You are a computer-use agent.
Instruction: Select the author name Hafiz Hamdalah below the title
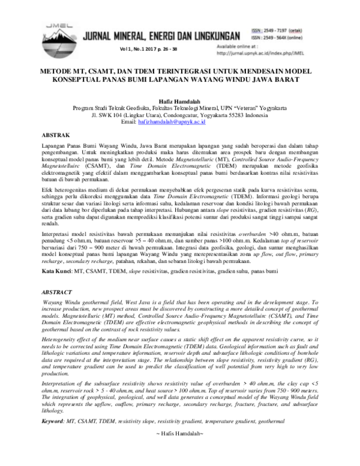point(180,94)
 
